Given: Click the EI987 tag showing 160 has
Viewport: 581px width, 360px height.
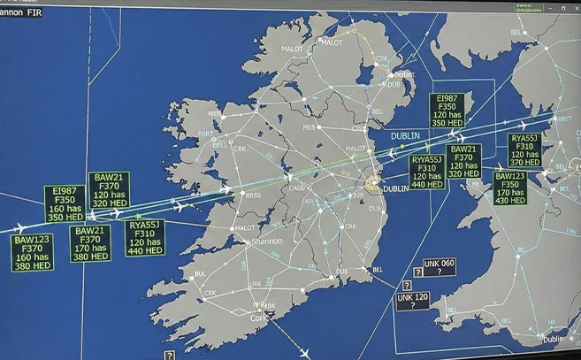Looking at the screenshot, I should point(65,203).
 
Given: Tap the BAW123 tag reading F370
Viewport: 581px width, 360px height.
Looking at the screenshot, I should point(33,253).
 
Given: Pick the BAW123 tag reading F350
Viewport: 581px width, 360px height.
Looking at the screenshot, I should point(510,188).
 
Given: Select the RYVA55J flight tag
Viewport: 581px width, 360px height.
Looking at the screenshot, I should point(427,172).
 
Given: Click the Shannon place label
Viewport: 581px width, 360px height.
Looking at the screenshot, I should point(266,241).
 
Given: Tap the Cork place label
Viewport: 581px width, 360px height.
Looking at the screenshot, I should point(258,317).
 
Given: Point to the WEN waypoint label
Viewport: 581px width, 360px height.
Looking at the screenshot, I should point(215,113).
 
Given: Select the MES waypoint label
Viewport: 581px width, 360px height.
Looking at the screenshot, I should point(309,127).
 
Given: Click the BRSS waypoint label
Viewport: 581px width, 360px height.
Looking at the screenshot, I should point(254,195).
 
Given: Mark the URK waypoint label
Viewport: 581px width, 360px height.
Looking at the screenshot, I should point(256,284).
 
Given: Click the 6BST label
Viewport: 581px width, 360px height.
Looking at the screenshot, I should point(565,118).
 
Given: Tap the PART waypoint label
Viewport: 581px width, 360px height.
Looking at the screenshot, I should point(206,134).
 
